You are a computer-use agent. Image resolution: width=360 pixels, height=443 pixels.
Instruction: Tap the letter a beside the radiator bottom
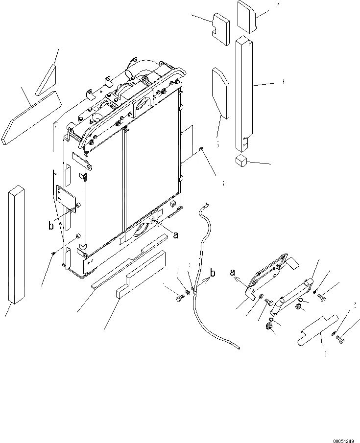pyautogui.click(x=175, y=235)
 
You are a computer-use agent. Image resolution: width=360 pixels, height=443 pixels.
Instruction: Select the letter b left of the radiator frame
pyautogui.click(x=50, y=226)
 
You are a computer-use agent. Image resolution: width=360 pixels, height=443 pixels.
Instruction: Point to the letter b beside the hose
pyautogui.click(x=213, y=272)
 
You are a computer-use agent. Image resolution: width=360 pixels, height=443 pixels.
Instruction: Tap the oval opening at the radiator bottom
pyautogui.click(x=141, y=230)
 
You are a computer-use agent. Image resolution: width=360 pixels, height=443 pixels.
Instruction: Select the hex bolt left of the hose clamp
pyautogui.click(x=178, y=296)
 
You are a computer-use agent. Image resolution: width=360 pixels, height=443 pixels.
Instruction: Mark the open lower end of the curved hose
pyautogui.click(x=238, y=348)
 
